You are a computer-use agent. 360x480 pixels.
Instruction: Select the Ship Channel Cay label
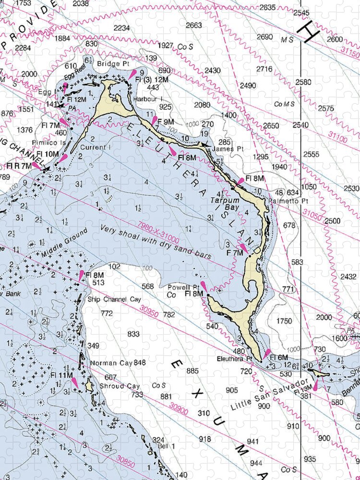tap(114, 299)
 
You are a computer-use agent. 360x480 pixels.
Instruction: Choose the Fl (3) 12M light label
tap(151, 79)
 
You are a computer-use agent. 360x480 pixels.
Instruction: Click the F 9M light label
tap(166, 122)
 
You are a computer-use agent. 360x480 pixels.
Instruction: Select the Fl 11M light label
tap(61, 375)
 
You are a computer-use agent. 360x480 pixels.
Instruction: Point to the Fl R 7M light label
tap(19, 166)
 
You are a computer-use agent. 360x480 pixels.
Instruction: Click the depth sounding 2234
tap(121, 28)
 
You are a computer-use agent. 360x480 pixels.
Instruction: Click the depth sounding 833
tap(133, 334)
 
